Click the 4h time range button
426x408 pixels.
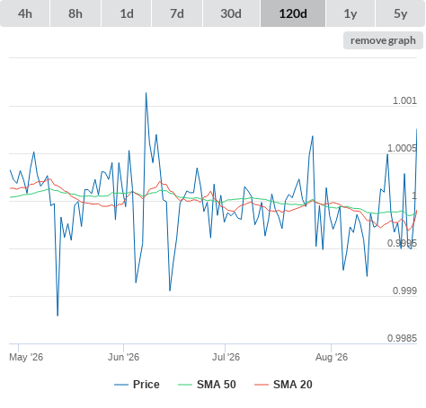pyautogui.click(x=25, y=13)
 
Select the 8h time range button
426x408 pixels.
pyautogui.click(x=75, y=13)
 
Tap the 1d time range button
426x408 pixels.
pyautogui.click(x=127, y=13)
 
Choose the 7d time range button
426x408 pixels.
pyautogui.click(x=177, y=13)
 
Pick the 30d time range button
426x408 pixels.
pyautogui.click(x=231, y=13)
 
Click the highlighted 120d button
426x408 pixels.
pyautogui.click(x=293, y=13)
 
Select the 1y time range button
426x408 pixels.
pyautogui.click(x=351, y=13)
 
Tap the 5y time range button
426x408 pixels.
pyautogui.click(x=401, y=13)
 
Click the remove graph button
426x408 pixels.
pyautogui.click(x=383, y=40)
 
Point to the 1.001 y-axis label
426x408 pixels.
pyautogui.click(x=404, y=100)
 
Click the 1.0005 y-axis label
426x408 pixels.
pyautogui.click(x=402, y=148)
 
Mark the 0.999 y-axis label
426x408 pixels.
pyautogui.click(x=404, y=291)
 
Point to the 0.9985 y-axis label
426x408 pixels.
pyautogui.click(x=402, y=338)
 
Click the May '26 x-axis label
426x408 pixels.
pyautogui.click(x=26, y=357)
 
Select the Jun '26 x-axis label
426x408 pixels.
pyautogui.click(x=123, y=357)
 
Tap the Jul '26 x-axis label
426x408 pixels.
pyautogui.click(x=226, y=357)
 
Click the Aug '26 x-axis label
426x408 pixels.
pyautogui.click(x=332, y=357)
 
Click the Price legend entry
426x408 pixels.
pyautogui.click(x=137, y=385)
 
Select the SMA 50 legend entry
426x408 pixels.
pyautogui.click(x=207, y=385)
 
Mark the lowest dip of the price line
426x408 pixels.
pyautogui.click(x=58, y=316)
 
